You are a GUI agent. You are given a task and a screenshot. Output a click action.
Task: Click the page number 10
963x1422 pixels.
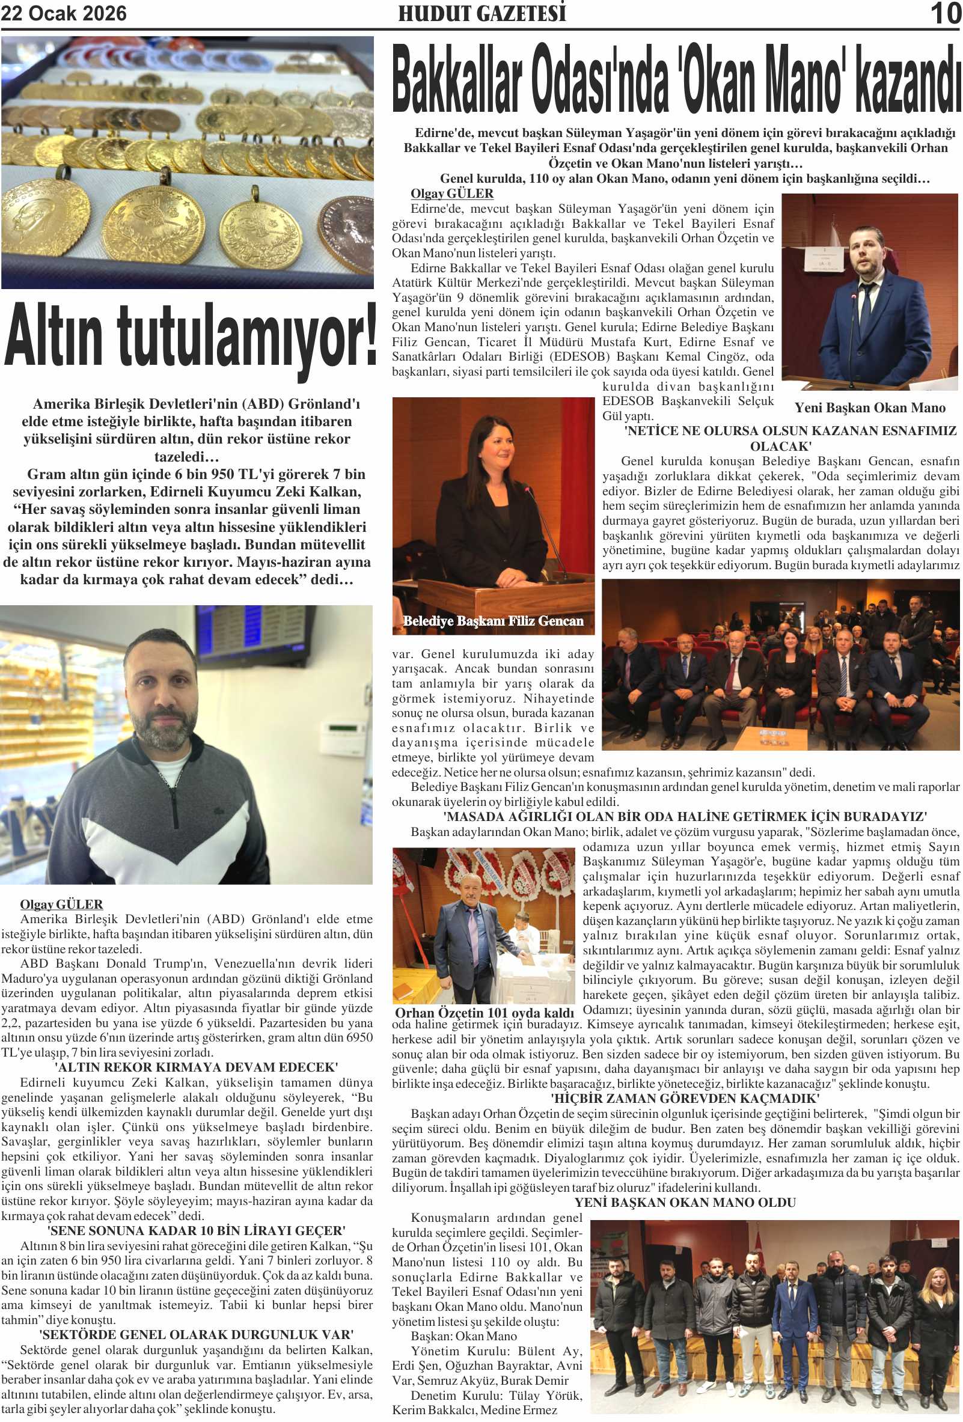click(x=945, y=13)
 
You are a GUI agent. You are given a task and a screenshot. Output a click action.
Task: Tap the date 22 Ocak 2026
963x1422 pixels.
click(x=64, y=13)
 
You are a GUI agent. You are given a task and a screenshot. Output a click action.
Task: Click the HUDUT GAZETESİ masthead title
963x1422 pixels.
click(x=481, y=13)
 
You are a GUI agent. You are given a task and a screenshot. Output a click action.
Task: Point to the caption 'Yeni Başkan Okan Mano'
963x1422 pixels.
click(x=869, y=407)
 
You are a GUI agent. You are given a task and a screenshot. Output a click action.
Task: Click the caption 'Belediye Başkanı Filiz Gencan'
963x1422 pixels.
click(x=492, y=621)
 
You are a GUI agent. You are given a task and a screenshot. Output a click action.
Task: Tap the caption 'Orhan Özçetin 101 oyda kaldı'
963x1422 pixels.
click(x=484, y=1013)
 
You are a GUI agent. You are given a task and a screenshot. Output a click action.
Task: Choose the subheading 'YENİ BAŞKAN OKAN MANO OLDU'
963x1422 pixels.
click(x=685, y=1203)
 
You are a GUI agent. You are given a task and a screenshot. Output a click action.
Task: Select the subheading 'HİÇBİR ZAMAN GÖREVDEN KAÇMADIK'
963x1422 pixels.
click(x=685, y=1098)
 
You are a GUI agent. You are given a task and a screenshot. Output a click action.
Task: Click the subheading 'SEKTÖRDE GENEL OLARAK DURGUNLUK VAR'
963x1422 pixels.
click(x=196, y=1334)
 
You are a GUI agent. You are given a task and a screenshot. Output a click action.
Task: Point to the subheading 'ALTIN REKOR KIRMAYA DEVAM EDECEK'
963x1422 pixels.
click(x=196, y=1067)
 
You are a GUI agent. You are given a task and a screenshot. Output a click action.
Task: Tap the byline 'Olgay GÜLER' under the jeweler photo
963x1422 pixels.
click(x=61, y=905)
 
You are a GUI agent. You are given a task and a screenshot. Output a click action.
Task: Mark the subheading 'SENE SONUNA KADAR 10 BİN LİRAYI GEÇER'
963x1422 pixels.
click(x=196, y=1230)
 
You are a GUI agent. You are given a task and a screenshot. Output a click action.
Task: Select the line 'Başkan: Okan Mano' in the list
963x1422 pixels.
click(x=463, y=1335)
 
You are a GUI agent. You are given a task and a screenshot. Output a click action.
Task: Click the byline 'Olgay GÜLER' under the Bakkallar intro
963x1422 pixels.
click(x=451, y=194)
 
